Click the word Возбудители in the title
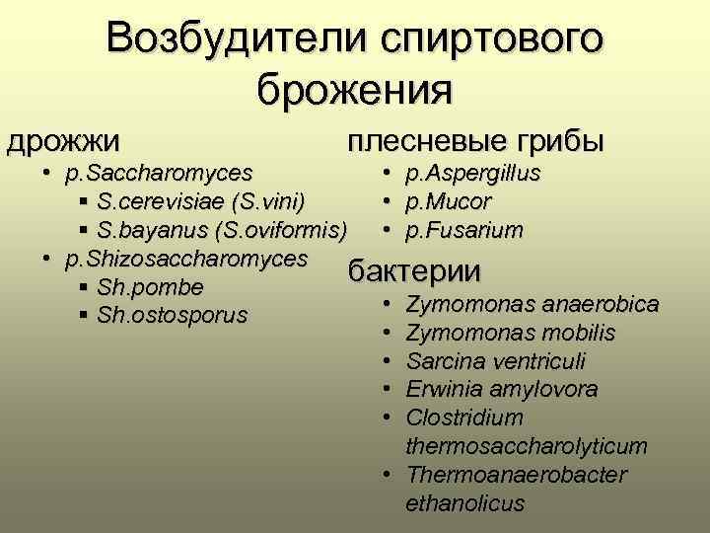[226, 39]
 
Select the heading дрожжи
[64, 140]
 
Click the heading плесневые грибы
[475, 140]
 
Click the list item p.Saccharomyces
[158, 176]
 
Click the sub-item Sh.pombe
[151, 288]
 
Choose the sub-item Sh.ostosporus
[173, 316]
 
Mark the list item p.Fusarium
[464, 230]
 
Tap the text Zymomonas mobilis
[511, 334]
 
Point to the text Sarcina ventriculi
[497, 361]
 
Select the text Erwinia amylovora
[502, 390]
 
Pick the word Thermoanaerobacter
[516, 475]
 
